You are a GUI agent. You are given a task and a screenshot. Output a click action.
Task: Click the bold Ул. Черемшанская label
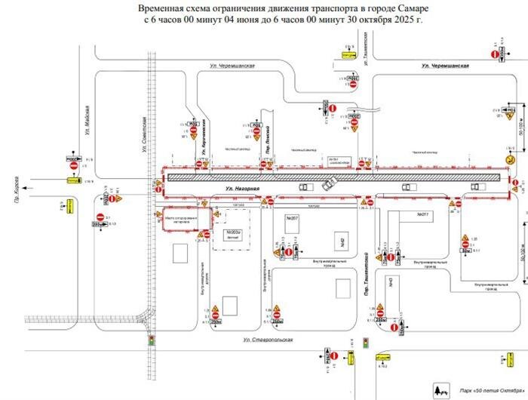click(445, 66)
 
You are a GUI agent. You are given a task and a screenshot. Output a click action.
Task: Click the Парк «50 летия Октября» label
click(482, 391)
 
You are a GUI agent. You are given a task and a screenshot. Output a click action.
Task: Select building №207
click(292, 219)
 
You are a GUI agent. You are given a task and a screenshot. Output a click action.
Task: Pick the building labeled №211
click(422, 214)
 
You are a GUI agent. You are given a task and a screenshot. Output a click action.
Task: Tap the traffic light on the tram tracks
click(151, 340)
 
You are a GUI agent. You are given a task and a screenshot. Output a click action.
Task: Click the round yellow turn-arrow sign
click(510, 159)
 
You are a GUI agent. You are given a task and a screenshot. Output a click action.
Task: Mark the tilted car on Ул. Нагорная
click(328, 183)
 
